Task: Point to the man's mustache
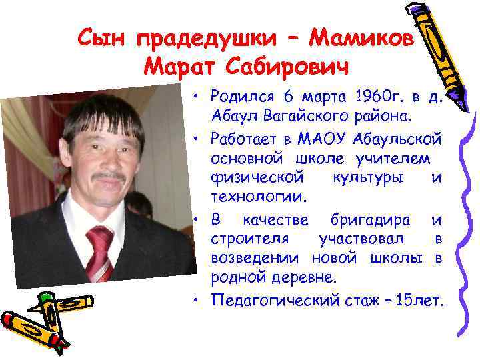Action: pos(108,177)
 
